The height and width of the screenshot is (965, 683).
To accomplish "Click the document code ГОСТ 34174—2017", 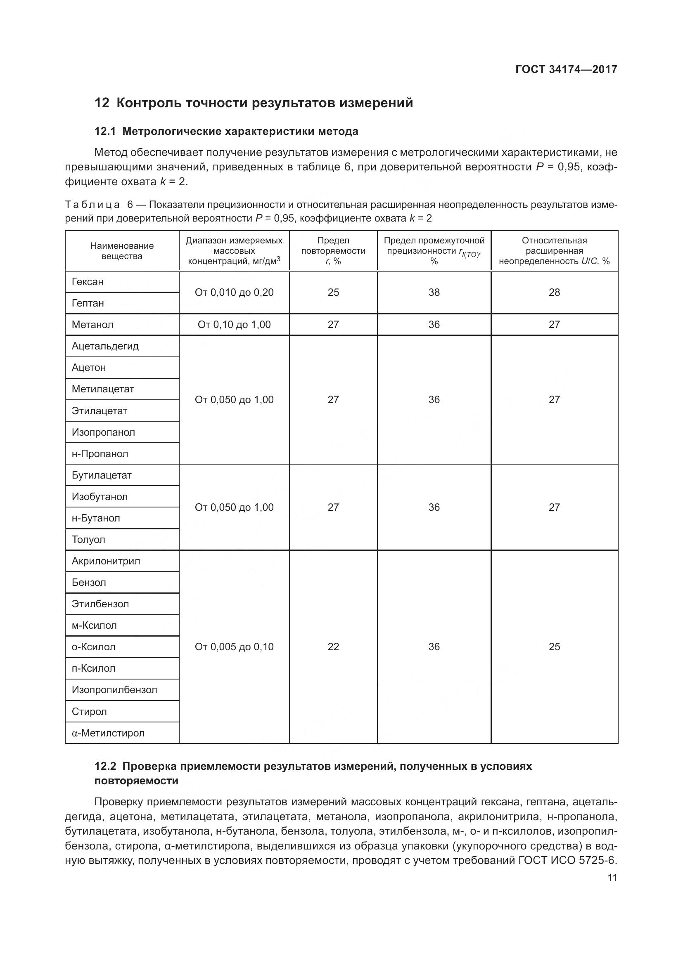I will (566, 69).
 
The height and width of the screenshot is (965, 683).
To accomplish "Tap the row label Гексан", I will (88, 282).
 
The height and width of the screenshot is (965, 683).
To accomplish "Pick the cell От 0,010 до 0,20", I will (234, 293).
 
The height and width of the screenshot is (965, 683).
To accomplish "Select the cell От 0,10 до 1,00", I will (234, 324).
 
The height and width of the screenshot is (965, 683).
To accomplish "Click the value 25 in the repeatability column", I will (333, 293).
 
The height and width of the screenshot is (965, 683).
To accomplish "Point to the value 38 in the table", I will (434, 293).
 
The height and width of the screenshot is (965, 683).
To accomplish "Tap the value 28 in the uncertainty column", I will (554, 293).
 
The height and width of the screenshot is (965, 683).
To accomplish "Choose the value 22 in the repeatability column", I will (333, 647).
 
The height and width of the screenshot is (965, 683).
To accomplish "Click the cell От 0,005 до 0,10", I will (234, 647).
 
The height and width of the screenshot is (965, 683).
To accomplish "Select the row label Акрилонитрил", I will (106, 561).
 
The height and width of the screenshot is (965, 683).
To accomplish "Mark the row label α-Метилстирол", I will (108, 733).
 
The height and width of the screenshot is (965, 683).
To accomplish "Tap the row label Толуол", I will (88, 540).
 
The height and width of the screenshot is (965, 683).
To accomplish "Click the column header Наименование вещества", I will (122, 251).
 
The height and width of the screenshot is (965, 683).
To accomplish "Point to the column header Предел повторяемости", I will (333, 246).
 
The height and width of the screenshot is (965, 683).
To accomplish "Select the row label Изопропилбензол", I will (114, 690).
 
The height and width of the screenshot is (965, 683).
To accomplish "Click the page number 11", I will (612, 878).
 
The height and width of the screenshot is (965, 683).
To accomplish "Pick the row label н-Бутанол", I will (96, 518).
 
